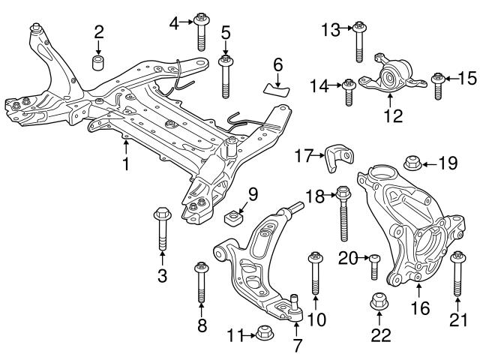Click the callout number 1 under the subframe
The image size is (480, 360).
pyautogui.click(x=126, y=161)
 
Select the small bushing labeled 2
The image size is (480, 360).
pyautogui.click(x=98, y=60)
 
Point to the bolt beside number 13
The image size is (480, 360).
pyautogui.click(x=359, y=40)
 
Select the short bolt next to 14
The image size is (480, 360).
pyautogui.click(x=349, y=93)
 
